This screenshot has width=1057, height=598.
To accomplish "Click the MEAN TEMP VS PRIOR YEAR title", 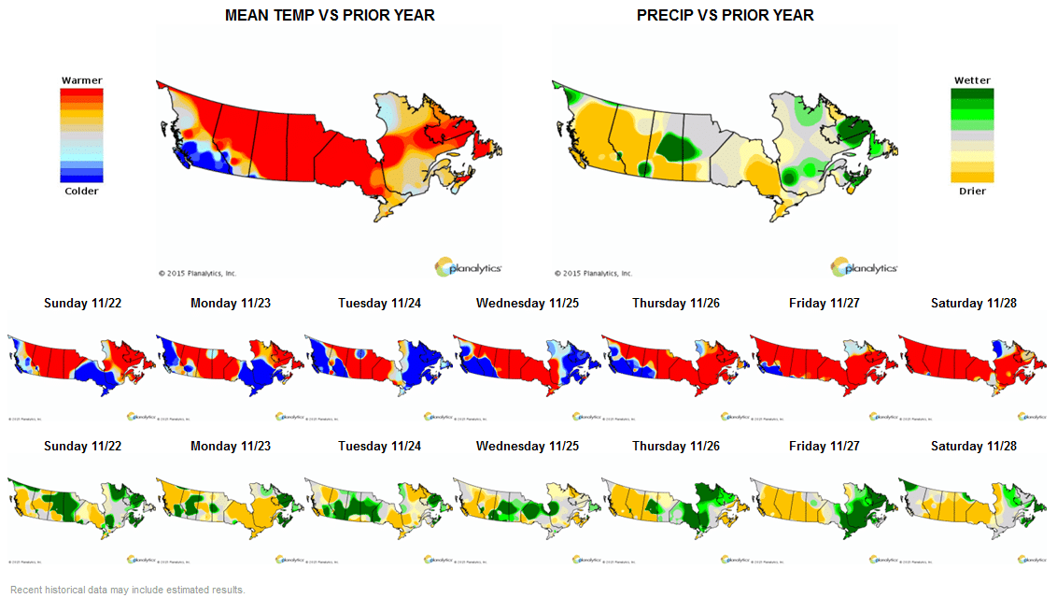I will (x=330, y=16).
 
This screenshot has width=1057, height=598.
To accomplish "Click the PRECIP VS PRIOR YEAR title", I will (x=725, y=16).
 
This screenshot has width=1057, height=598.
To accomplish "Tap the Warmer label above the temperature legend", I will (x=81, y=80).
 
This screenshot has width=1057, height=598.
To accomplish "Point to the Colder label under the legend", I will (x=81, y=192).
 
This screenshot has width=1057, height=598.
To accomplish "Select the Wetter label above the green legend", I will (x=972, y=80).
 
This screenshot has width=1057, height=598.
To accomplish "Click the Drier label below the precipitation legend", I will (x=972, y=192).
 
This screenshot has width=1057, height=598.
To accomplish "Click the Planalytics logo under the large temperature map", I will (x=469, y=267).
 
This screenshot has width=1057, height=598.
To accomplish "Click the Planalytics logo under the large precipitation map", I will (x=865, y=267).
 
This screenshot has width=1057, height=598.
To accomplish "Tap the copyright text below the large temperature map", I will (x=197, y=274).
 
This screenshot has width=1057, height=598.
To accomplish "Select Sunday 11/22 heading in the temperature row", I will (x=82, y=303).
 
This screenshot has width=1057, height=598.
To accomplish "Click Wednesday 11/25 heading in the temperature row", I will (x=527, y=303).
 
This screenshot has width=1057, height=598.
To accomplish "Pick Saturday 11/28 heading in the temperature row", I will (x=971, y=303).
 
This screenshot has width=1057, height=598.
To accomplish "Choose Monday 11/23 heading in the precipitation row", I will (x=231, y=446).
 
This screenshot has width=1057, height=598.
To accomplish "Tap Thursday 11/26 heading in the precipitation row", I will (x=675, y=446).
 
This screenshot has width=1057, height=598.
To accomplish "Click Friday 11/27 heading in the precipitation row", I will (x=823, y=446).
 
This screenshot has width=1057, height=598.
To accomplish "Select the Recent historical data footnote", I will (x=127, y=590).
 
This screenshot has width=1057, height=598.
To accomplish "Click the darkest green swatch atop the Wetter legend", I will (x=972, y=93).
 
